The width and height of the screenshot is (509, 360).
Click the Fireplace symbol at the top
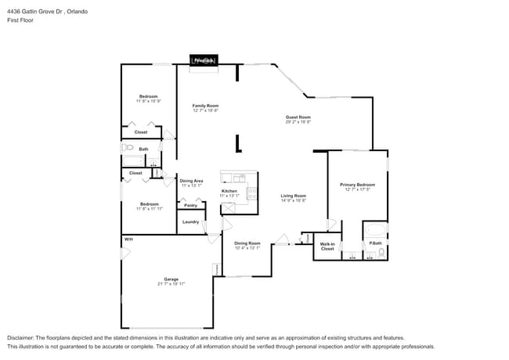point(204,60)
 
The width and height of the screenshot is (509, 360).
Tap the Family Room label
point(205,106)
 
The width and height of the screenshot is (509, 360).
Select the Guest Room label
point(298,117)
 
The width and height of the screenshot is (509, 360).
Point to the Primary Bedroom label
point(356,185)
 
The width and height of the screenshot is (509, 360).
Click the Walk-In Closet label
point(327,247)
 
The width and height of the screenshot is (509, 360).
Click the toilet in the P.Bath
point(381,252)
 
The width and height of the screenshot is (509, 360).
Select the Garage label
point(171,279)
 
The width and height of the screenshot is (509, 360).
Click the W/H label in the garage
point(128,239)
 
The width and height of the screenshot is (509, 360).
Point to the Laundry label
point(190,221)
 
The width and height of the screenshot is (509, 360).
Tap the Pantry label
point(190,205)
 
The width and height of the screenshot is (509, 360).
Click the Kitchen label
point(229,191)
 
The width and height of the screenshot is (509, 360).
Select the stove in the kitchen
point(251,193)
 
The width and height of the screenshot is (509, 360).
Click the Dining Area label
point(192,181)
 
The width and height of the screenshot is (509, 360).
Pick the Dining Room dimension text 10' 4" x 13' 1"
point(247,248)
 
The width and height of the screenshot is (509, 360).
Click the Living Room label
point(293,196)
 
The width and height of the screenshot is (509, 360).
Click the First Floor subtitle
point(21,20)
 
